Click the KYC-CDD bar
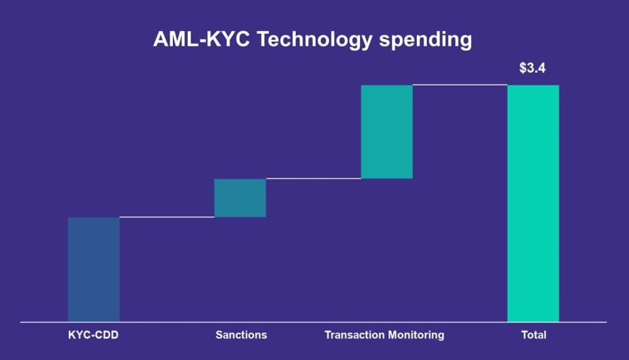coord(94,269)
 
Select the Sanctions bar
coord(240,198)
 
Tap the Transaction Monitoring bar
coord(386,132)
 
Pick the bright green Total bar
coord(533,203)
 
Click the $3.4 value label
coord(532,68)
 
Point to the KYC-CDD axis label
coord(93,335)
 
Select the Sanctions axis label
coord(241,335)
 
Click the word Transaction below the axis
coord(349,335)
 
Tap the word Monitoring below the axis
coord(411,335)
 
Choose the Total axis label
coord(534,335)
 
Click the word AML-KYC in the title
coord(201,39)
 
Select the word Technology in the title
coord(315,40)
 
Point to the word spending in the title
coord(426,40)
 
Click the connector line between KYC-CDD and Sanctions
coord(167,217)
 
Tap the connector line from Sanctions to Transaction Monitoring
coord(313,178)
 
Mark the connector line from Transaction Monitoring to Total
coord(460,85)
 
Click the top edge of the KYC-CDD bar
coord(94,217)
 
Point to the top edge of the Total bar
coord(533,85)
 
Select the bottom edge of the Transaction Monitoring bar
coord(386,178)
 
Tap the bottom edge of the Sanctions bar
coord(240,217)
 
